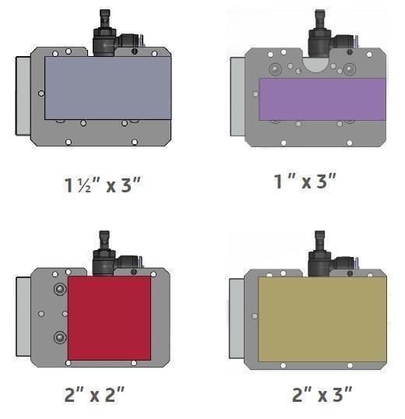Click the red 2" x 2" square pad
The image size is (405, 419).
coord(109,319)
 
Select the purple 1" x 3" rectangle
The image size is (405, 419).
coord(322,99)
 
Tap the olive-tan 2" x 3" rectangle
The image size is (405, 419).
coord(322,319)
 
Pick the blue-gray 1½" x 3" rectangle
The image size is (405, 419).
coord(107,88)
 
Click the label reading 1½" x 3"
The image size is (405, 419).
coord(102,185)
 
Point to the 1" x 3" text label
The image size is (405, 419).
coord(305,181)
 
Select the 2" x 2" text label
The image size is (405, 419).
coord(94,394)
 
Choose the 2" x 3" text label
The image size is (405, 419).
coord(322,394)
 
